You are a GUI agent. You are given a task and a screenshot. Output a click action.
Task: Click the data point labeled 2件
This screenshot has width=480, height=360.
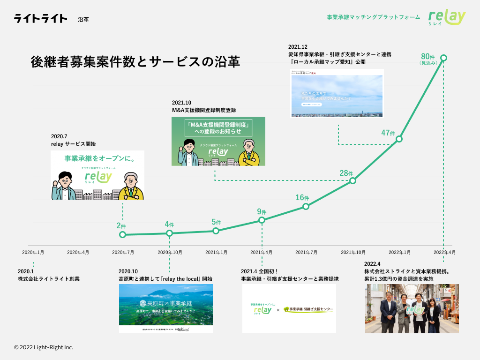(x=123, y=234)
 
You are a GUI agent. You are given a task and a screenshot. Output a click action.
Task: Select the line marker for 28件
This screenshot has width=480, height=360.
(x=352, y=181)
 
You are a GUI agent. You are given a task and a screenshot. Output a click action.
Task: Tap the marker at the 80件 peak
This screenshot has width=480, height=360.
(x=443, y=58)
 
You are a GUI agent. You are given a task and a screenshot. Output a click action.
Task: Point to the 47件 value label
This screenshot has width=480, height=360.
(x=388, y=133)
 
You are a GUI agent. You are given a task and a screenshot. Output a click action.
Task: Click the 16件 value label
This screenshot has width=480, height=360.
(x=302, y=197)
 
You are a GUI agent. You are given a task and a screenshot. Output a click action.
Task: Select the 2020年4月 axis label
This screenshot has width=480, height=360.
(x=78, y=252)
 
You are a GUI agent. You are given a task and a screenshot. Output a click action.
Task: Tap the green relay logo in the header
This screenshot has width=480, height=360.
(x=447, y=17)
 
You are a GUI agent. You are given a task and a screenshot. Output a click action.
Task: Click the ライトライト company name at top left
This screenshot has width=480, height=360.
(x=41, y=19)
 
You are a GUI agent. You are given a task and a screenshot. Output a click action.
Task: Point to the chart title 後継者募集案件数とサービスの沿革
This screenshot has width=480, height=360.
(x=135, y=61)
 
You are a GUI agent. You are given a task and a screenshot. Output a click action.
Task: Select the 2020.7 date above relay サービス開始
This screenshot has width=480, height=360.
(x=60, y=135)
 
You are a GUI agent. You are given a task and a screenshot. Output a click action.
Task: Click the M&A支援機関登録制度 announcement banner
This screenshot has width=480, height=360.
(x=218, y=141)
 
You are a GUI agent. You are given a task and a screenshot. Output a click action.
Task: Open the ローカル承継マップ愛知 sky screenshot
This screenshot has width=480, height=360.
(x=337, y=93)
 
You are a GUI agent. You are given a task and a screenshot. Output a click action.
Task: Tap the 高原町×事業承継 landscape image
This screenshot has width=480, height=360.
(x=165, y=308)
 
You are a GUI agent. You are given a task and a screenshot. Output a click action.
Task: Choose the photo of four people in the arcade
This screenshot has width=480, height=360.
(x=412, y=308)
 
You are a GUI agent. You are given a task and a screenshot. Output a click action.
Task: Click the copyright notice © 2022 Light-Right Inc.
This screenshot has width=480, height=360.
(x=44, y=347)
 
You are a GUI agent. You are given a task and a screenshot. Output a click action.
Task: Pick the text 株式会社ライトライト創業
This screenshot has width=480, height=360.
(x=49, y=279)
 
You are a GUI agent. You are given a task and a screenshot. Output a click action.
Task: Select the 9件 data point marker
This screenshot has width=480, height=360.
(x=262, y=220)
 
